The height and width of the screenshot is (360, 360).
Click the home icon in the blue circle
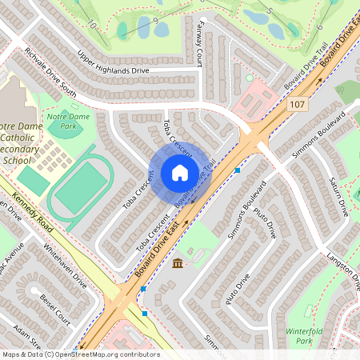point(179,173)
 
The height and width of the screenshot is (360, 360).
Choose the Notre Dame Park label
point(67,122)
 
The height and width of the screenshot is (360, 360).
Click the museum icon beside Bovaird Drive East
point(177,263)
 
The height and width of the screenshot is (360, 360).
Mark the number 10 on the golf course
point(93,26)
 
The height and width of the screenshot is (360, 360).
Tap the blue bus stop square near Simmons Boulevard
point(238,170)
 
